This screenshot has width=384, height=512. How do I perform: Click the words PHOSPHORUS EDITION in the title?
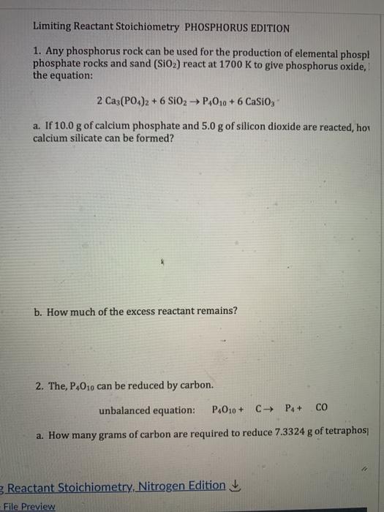pos(237,29)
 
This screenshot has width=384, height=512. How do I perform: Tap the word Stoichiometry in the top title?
pos(143,29)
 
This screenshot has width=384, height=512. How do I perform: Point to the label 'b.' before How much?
pos(38,311)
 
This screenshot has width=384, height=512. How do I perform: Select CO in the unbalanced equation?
pos(323,408)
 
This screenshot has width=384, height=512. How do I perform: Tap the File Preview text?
pos(30,506)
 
